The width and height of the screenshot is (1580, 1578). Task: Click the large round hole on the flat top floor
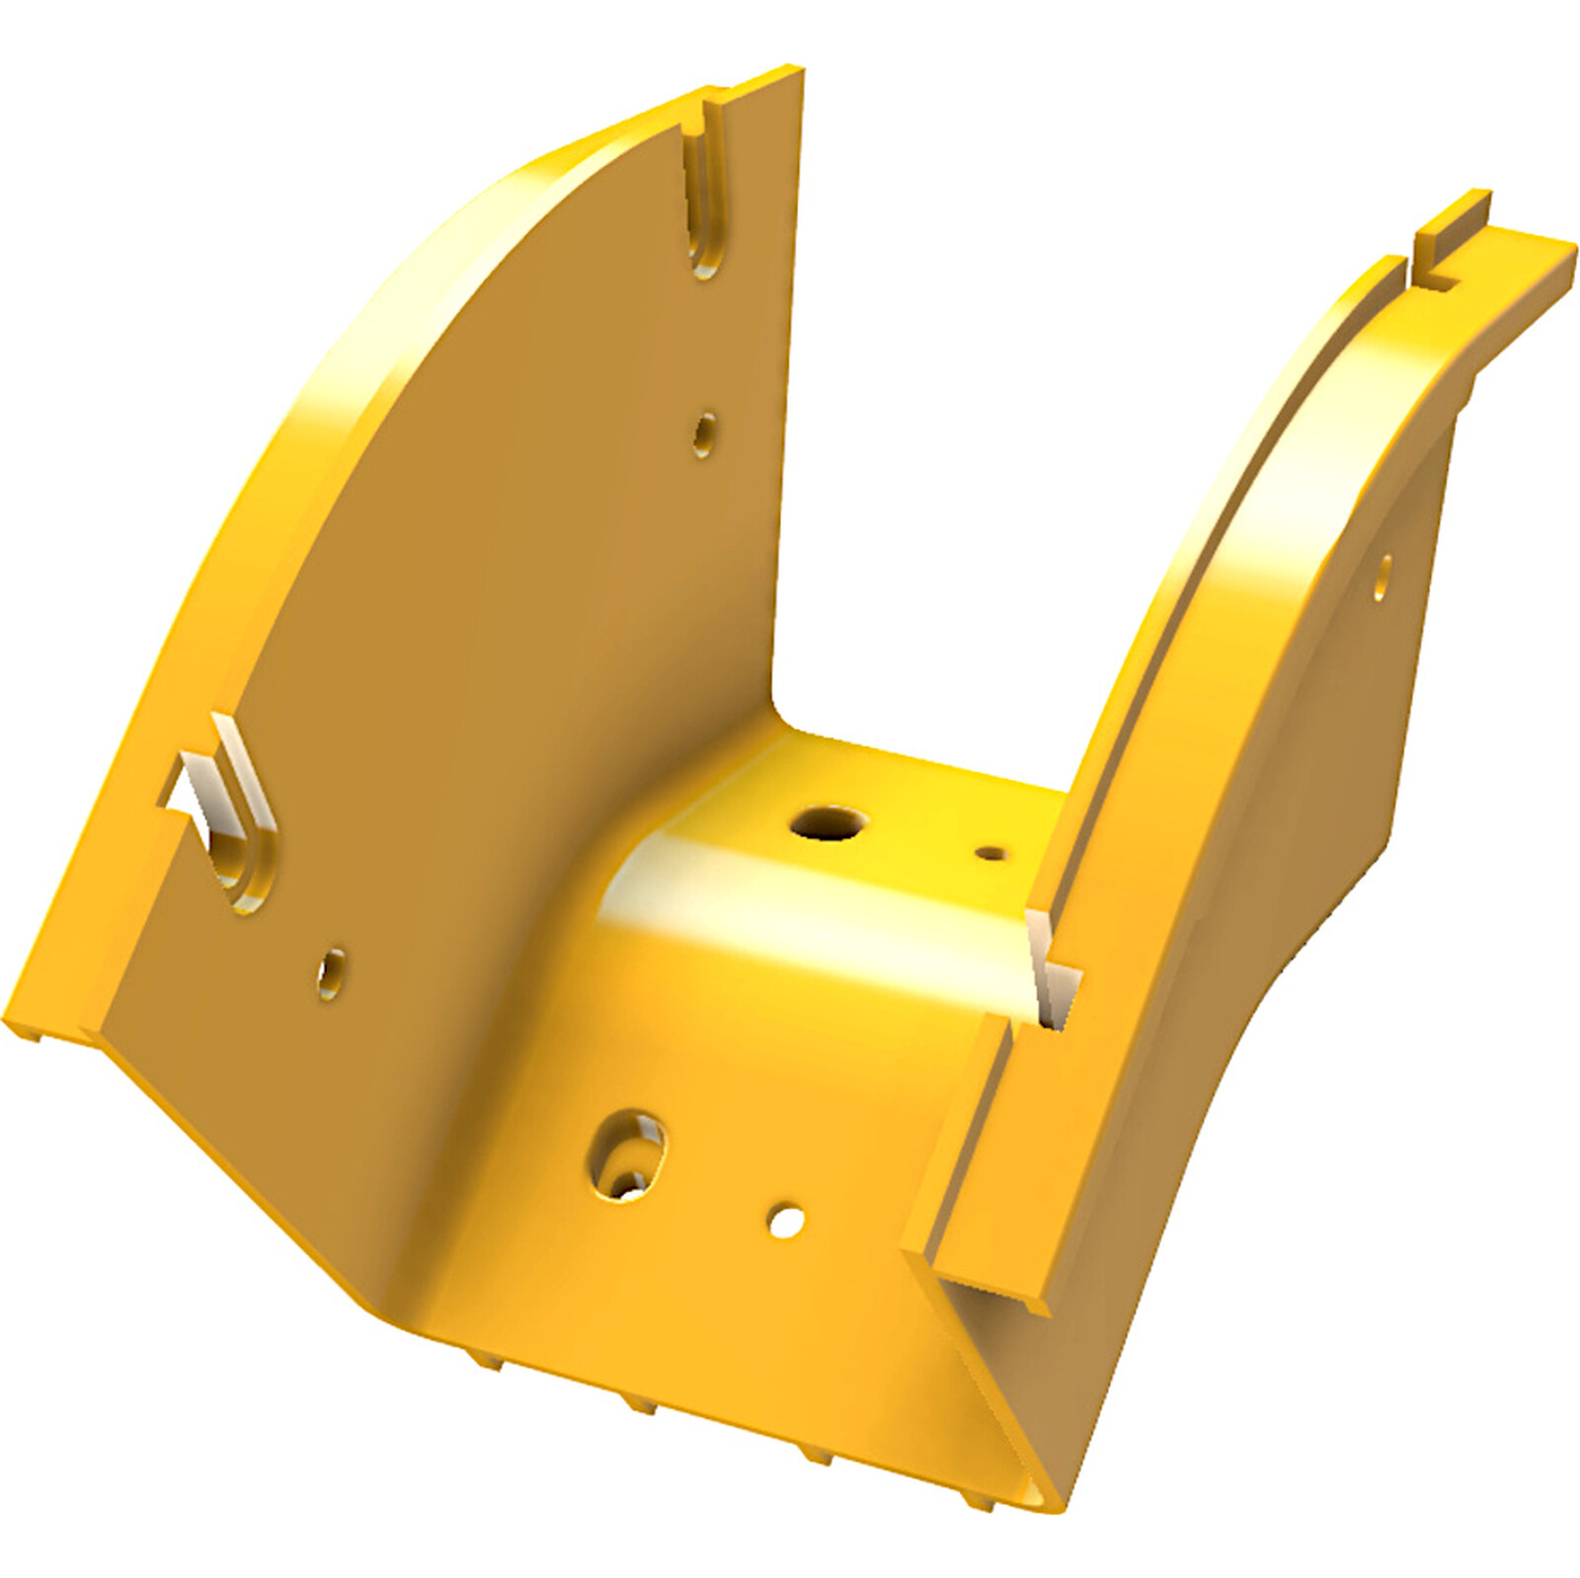(828, 822)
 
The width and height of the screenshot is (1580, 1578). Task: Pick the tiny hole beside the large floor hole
(989, 852)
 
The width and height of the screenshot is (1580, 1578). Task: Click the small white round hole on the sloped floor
(786, 1220)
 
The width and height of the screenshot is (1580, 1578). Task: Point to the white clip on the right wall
(1053, 968)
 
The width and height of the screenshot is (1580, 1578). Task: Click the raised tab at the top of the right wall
(1452, 227)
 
